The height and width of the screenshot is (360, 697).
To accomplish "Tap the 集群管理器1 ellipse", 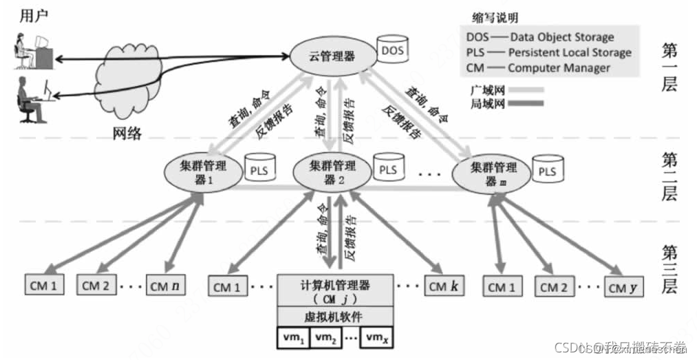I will point(198,172).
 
